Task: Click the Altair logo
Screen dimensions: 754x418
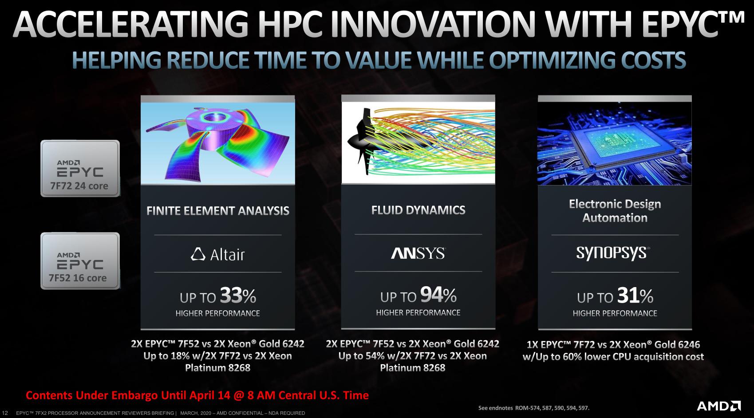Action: click(218, 254)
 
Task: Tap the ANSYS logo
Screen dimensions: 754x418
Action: click(418, 253)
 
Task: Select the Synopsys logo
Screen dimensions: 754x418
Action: click(613, 253)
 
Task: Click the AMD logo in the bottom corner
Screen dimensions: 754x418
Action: click(718, 406)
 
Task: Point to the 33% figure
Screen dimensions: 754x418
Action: click(238, 296)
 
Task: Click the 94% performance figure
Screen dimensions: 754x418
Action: click(438, 295)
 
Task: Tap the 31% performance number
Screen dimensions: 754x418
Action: click(635, 296)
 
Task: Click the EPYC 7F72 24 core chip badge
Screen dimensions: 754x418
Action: click(80, 168)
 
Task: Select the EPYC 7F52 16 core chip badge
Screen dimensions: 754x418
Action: click(80, 261)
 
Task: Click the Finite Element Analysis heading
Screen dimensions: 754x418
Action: click(218, 211)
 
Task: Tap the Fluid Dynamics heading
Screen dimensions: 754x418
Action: click(418, 210)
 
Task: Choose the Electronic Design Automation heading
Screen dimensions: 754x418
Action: click(615, 211)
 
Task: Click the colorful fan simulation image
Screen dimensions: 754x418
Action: click(218, 143)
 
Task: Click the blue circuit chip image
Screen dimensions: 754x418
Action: click(615, 143)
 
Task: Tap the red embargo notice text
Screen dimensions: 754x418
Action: click(197, 395)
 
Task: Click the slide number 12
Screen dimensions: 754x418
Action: click(5, 413)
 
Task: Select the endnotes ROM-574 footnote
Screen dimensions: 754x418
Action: click(534, 408)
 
